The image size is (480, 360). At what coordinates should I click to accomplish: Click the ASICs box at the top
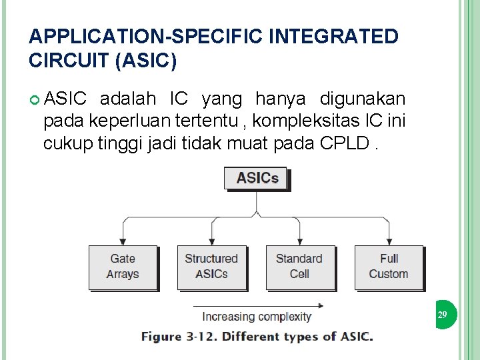click(257, 178)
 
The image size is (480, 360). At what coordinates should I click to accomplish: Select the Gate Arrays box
click(123, 267)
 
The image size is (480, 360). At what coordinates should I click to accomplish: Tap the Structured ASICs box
click(211, 267)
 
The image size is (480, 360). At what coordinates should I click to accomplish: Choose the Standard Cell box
click(299, 267)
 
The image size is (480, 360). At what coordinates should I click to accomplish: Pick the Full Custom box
click(388, 267)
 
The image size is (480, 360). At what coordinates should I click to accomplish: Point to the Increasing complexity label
click(257, 317)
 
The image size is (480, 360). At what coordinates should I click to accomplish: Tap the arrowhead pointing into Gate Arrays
click(123, 241)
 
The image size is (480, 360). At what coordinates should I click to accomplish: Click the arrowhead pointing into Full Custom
click(388, 241)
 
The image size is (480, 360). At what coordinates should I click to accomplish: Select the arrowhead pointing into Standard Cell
click(299, 241)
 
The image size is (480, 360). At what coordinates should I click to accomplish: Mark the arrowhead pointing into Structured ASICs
click(211, 241)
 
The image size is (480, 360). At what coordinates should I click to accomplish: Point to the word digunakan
click(362, 99)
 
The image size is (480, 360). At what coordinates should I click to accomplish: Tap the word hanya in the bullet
click(281, 99)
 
